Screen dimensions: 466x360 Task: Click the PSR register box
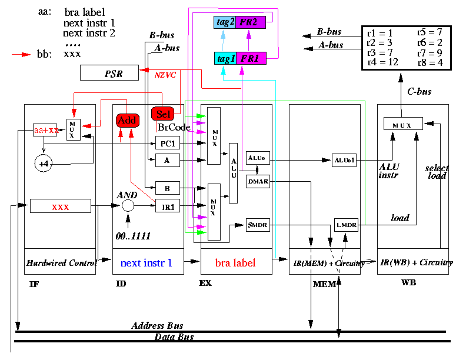[x=109, y=73]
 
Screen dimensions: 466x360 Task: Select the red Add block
[x=128, y=121]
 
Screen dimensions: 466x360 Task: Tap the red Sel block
[x=162, y=114]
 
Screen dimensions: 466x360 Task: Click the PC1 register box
[x=168, y=143]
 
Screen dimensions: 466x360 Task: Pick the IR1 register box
[x=168, y=205]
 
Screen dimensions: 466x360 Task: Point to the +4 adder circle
[x=44, y=164]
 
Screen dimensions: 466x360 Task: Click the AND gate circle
[x=128, y=205]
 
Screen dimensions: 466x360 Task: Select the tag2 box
[x=225, y=22]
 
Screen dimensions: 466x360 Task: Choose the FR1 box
[x=251, y=58]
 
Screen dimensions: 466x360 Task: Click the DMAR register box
[x=258, y=182]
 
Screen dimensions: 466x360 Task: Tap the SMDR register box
[x=258, y=225]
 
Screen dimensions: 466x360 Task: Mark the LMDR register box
[x=346, y=225]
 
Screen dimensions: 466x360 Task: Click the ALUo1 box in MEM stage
[x=344, y=160]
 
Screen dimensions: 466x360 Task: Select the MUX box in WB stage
[x=403, y=124]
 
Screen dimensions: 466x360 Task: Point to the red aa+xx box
[x=45, y=130]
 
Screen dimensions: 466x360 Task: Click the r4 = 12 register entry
[x=382, y=62]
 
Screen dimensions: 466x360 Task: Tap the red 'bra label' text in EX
[x=235, y=262]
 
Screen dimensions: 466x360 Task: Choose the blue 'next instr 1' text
[x=147, y=262]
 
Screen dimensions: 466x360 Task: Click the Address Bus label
[x=157, y=325]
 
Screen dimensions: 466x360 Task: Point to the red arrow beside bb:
[x=21, y=54]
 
